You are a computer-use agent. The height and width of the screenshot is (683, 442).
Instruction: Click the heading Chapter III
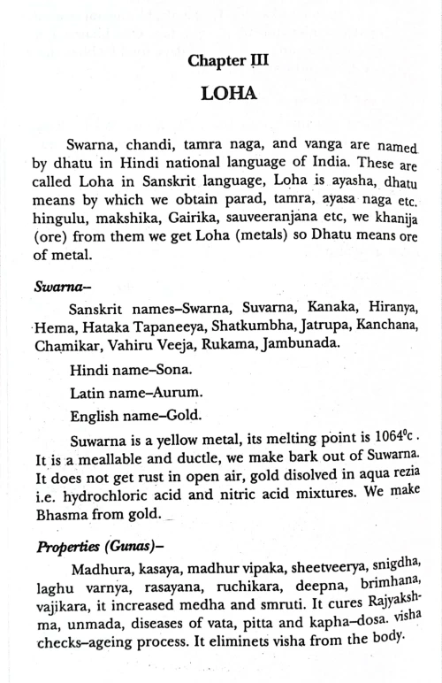(x=228, y=61)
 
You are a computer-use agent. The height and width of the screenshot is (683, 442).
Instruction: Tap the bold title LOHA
(x=227, y=93)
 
